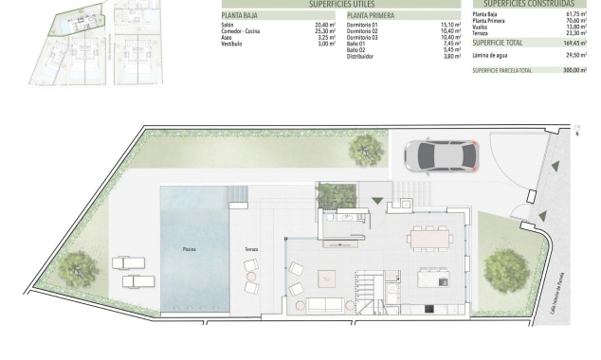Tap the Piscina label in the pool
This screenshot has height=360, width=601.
click(191, 248)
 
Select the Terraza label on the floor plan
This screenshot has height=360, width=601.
click(251, 248)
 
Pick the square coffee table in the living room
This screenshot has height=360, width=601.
click(326, 278)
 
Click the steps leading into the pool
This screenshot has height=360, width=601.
click(238, 197)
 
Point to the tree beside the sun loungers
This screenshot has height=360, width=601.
click(78, 268)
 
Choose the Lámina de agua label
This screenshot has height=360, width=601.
click(490, 55)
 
